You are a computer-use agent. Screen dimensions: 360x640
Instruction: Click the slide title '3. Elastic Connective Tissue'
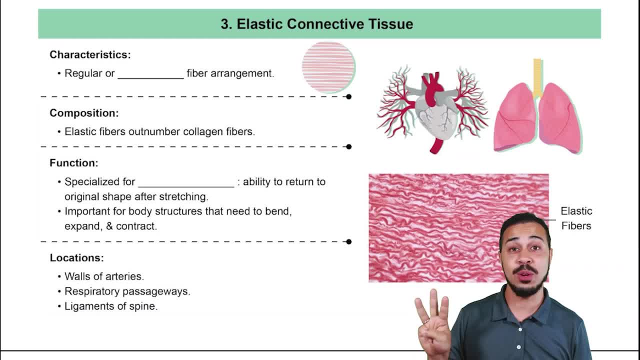(x=317, y=24)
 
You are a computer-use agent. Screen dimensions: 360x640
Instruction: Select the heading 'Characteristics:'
(x=90, y=54)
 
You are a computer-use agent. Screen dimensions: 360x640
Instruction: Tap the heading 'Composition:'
(x=84, y=113)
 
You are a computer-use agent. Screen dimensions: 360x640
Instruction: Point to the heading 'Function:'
(x=74, y=163)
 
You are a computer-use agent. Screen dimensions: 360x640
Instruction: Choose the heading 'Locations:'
(x=76, y=258)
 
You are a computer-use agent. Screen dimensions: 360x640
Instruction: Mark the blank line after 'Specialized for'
(x=186, y=183)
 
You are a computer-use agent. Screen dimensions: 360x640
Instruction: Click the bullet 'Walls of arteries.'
(x=104, y=276)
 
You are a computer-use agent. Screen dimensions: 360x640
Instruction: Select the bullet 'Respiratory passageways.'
(x=127, y=291)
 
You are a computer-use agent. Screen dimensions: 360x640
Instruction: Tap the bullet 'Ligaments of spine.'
(x=111, y=306)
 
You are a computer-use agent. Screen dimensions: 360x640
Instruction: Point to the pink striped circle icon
(x=328, y=67)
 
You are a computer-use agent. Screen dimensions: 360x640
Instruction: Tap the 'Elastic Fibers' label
(x=576, y=218)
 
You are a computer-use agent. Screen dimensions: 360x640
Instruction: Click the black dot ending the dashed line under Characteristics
(x=348, y=96)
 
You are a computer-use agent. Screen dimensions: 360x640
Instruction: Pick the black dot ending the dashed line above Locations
(x=348, y=241)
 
